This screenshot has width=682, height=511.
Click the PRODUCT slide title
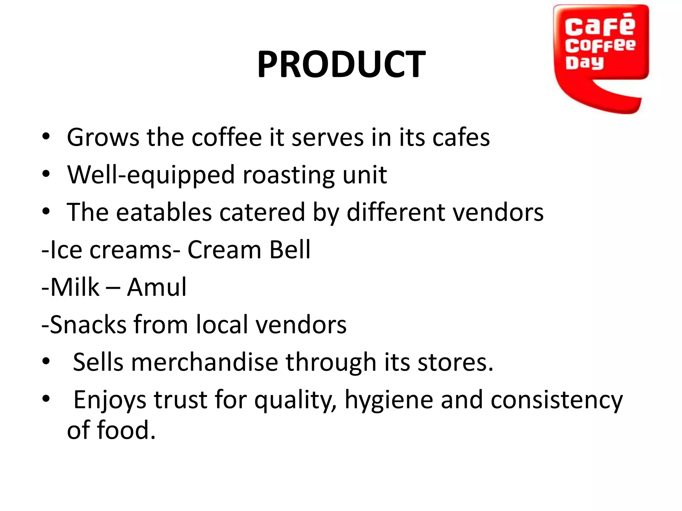(341, 64)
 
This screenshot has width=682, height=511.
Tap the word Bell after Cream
(290, 250)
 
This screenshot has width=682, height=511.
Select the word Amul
(157, 287)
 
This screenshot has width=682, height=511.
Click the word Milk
(75, 287)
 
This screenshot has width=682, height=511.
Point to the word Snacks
(88, 325)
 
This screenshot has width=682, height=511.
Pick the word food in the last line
(126, 430)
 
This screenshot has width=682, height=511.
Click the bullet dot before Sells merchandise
(46, 361)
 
